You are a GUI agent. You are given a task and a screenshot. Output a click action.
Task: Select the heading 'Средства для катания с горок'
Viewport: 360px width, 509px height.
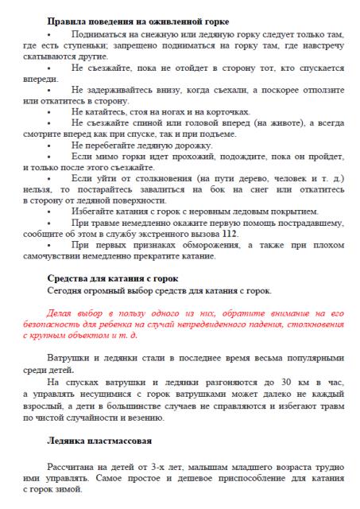pos(112,278)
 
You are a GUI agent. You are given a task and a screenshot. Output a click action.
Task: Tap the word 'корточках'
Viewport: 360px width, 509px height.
pos(225,112)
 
